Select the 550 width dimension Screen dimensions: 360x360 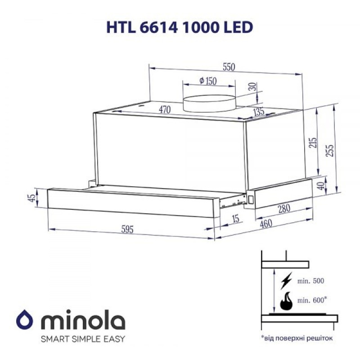click(229, 66)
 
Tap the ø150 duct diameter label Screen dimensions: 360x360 click(207, 81)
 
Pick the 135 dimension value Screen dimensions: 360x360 click(258, 112)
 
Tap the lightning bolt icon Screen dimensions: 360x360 click(286, 282)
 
